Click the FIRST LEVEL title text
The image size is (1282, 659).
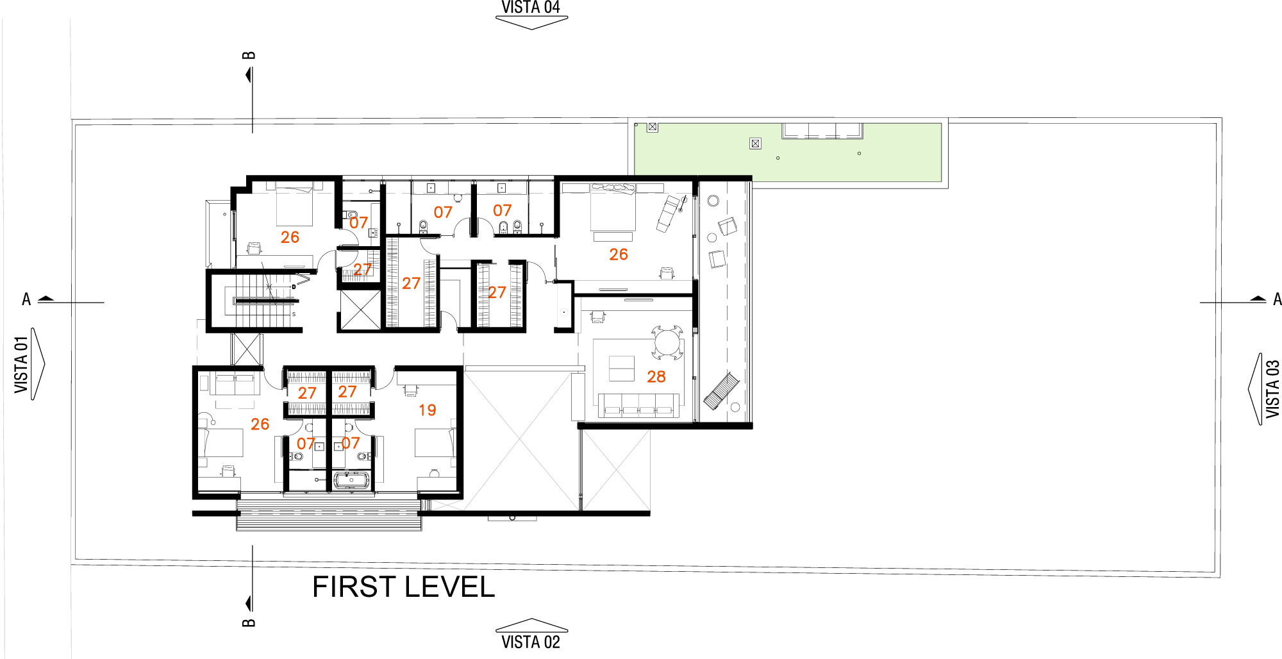(403, 587)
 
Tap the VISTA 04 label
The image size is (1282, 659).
(531, 7)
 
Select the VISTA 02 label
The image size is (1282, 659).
(531, 642)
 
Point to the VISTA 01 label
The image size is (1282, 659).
(22, 364)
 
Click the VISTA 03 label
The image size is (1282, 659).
(1272, 388)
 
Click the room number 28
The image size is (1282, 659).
(656, 377)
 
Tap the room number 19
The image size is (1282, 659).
(428, 410)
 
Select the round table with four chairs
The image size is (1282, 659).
(668, 343)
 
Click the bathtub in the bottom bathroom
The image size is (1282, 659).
(350, 480)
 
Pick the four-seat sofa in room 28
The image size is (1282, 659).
(638, 405)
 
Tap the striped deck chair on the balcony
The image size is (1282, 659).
(722, 390)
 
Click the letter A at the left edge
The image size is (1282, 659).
(26, 299)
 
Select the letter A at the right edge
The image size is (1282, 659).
(1277, 299)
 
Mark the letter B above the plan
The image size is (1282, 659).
(249, 55)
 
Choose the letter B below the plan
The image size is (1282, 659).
(249, 622)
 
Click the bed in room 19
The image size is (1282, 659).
(435, 442)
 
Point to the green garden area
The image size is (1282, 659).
(788, 153)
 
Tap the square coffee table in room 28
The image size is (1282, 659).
(621, 368)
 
